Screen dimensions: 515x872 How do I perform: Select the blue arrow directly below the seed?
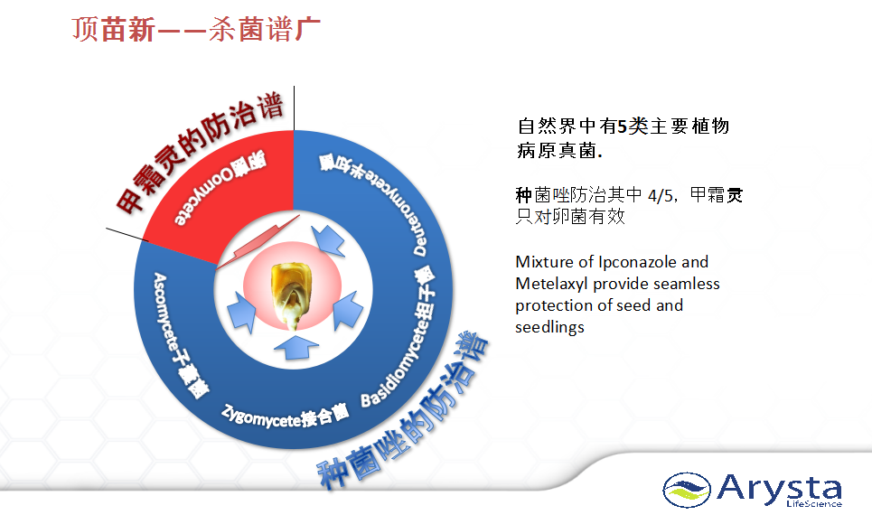(x=295, y=347)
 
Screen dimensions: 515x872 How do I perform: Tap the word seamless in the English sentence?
(x=688, y=285)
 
